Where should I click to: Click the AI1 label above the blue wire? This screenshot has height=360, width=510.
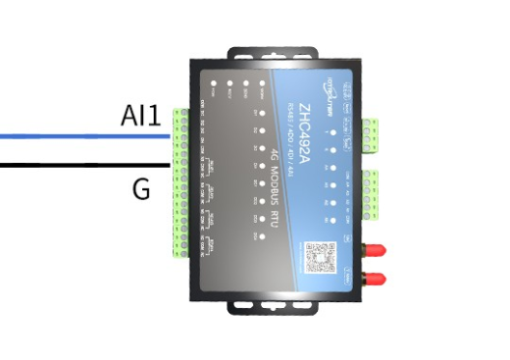coord(141,117)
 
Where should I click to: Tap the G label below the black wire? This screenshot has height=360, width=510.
coord(141,187)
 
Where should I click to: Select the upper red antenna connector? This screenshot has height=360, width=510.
coord(374,250)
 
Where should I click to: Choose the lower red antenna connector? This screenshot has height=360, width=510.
coord(374,278)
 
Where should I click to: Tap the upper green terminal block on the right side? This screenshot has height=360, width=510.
coord(370,132)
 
